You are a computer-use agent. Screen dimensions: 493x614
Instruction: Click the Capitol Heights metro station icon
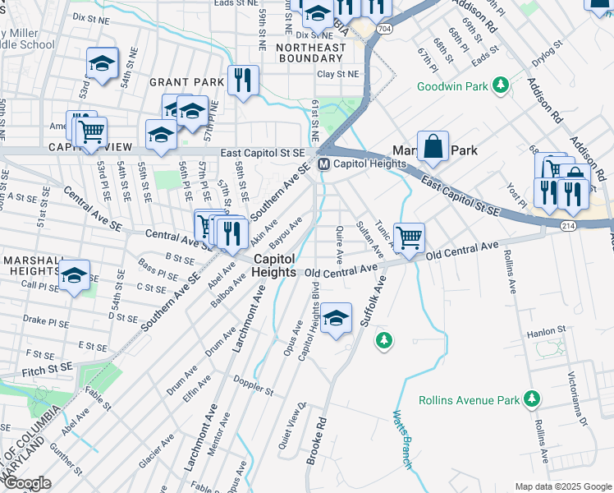click(x=323, y=164)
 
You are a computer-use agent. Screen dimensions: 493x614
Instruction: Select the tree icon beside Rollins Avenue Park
click(x=533, y=399)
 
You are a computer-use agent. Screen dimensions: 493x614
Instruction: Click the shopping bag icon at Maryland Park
click(x=433, y=147)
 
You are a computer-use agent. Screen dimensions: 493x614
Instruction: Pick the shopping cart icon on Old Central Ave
click(x=408, y=237)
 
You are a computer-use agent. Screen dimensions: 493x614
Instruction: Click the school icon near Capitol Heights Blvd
click(x=336, y=319)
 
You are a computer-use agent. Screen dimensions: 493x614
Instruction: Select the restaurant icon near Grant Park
click(x=243, y=81)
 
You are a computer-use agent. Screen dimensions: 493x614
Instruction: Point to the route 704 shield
click(x=383, y=28)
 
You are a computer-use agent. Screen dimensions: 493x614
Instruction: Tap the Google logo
click(x=26, y=483)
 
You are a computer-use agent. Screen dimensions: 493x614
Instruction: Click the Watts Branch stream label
click(x=401, y=440)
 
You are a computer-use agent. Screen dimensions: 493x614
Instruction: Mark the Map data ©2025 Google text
click(x=562, y=486)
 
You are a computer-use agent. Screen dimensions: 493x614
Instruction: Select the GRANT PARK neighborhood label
click(x=186, y=82)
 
